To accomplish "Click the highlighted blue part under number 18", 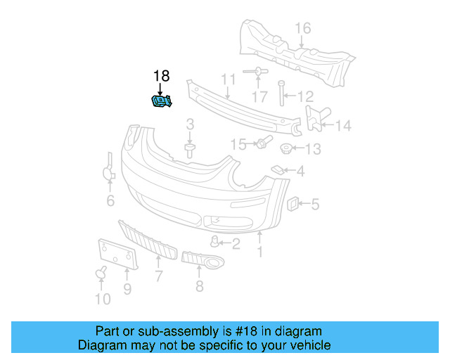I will click(162, 102).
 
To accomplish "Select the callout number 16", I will click(302, 28).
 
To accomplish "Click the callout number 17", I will click(260, 97).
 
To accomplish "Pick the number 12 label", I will click(305, 96).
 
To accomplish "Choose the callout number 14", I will click(342, 127).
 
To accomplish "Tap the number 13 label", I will click(313, 149).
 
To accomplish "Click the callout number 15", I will click(239, 144).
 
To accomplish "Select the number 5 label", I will click(315, 205).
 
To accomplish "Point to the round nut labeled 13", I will click(286, 148).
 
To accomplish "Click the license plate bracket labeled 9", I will click(116, 254).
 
